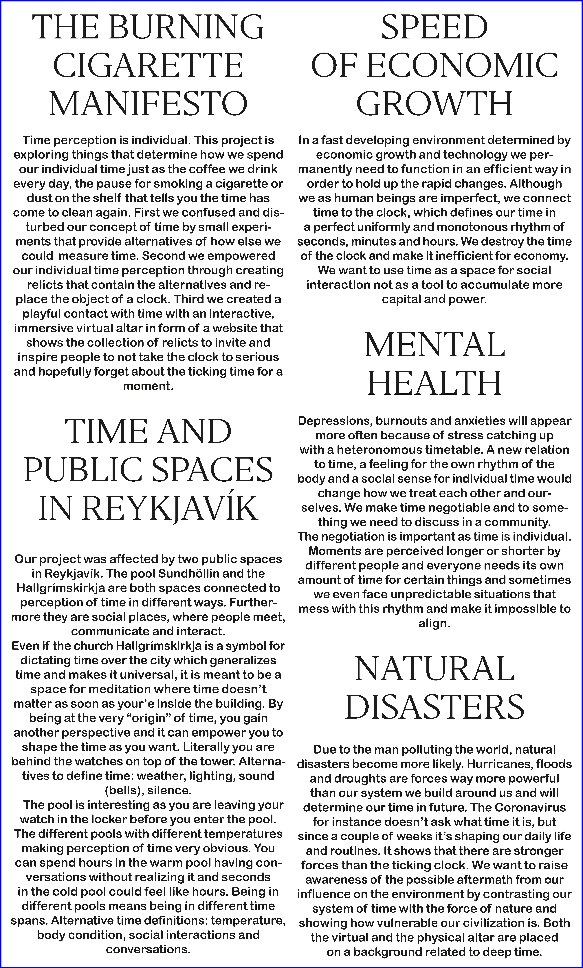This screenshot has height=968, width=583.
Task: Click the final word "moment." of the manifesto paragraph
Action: coord(148,386)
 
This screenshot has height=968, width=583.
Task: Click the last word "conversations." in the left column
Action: coord(148,950)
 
